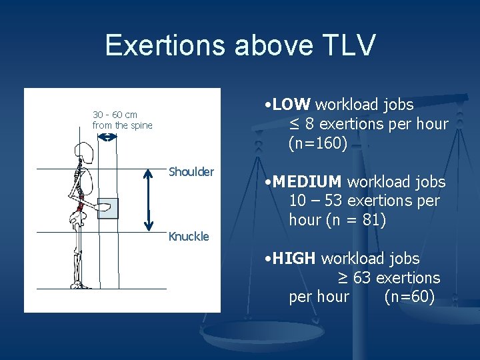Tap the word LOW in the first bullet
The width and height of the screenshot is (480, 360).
pos(291,105)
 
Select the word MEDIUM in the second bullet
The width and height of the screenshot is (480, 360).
pos(307,182)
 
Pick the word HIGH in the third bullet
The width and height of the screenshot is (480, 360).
pos(293,259)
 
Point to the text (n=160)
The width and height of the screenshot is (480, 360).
pos(318,143)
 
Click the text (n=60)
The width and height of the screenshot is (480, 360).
pos(410,297)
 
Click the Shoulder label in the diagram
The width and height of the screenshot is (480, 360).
pos(191,172)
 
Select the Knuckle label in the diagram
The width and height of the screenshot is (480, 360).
pos(189,236)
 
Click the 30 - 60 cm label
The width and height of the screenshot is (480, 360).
pos(115,115)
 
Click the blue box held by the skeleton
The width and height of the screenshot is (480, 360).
pos(108,209)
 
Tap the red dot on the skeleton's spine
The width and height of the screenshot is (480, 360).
pos(80,209)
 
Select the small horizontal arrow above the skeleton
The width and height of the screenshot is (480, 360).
pos(107,137)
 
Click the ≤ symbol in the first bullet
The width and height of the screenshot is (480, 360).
pos(295,124)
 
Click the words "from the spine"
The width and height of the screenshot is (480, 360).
pos(123,125)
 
